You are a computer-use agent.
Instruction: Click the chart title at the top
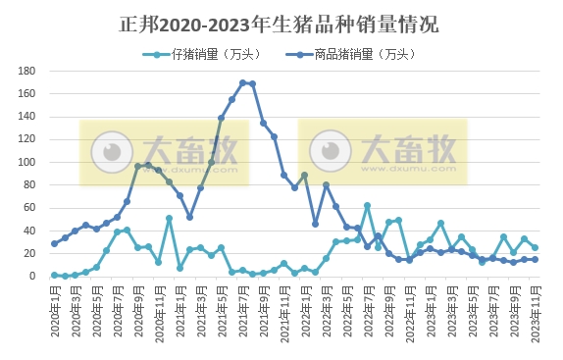(x=281, y=23)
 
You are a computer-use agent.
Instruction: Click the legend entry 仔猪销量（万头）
(x=201, y=54)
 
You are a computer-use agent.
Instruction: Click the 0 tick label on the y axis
(x=32, y=277)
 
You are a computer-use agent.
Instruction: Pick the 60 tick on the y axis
(x=29, y=208)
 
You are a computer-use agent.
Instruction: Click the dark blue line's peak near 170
(x=242, y=82)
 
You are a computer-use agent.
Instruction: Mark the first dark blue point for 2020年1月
(x=54, y=243)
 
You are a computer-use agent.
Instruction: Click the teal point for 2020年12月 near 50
(x=169, y=218)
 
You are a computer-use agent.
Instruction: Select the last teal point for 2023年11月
(x=535, y=248)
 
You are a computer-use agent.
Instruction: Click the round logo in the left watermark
(x=105, y=151)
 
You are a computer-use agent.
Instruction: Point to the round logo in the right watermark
(x=325, y=151)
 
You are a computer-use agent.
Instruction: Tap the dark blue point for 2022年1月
(x=305, y=176)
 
